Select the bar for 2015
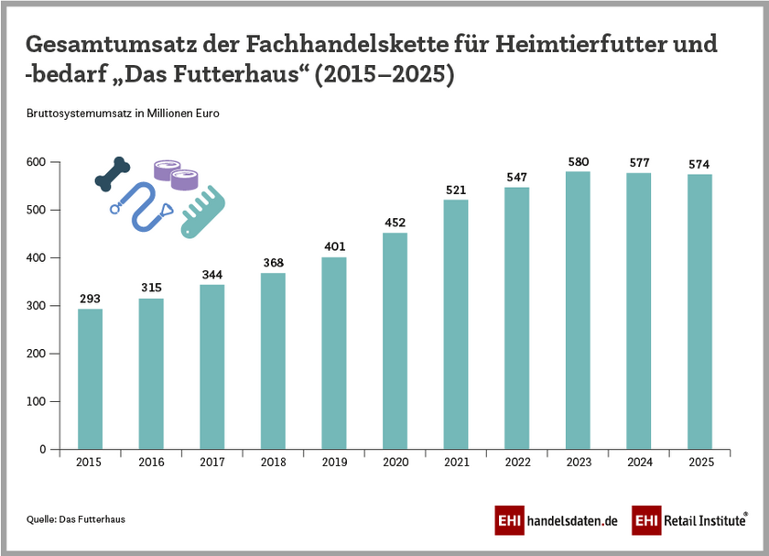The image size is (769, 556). (x=90, y=378)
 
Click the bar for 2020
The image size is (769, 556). (x=395, y=341)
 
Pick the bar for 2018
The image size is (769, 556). (x=273, y=361)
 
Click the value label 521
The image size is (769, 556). (x=456, y=190)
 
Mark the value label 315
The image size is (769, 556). (x=151, y=289)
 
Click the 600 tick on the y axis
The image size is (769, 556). (x=37, y=162)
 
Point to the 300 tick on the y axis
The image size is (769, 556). (x=37, y=306)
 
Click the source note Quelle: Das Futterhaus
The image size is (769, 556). (x=75, y=519)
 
